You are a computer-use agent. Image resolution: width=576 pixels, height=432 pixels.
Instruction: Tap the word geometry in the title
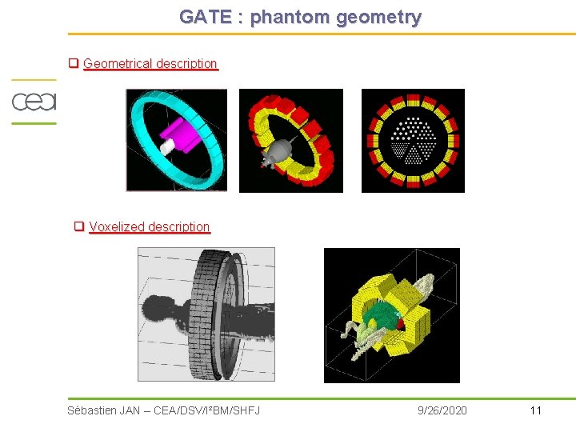click(x=378, y=17)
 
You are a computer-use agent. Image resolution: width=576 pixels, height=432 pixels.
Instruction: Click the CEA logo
click(x=33, y=102)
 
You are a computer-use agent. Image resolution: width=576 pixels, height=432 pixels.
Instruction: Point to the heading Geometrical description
click(x=150, y=63)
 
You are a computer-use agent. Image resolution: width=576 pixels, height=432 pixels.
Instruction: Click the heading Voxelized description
click(x=149, y=226)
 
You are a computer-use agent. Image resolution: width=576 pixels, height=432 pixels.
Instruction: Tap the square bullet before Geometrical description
click(x=73, y=63)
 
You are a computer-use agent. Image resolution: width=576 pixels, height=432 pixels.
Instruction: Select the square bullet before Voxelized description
click(x=79, y=226)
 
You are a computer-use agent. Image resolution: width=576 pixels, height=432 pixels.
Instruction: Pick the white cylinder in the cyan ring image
click(x=167, y=147)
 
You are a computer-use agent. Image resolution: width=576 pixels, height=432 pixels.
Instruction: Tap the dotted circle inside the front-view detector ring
click(x=413, y=140)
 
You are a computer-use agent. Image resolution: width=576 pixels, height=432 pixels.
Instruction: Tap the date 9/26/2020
click(x=442, y=410)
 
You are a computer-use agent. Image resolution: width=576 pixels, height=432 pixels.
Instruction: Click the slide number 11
click(x=535, y=410)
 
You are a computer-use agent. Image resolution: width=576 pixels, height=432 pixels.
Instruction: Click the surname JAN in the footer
click(x=130, y=410)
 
